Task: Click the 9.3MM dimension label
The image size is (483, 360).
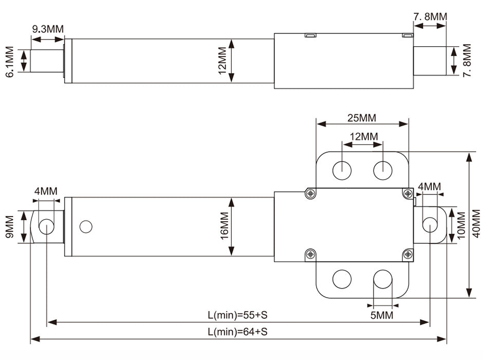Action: pyautogui.click(x=48, y=29)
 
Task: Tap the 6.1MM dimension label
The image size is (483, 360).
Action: pyautogui.click(x=10, y=62)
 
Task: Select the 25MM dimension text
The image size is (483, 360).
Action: pyautogui.click(x=362, y=118)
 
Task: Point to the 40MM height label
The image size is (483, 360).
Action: pyautogui.click(x=476, y=224)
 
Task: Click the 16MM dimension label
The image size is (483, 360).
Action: pyautogui.click(x=224, y=226)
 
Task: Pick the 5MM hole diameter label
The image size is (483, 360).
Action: pyautogui.click(x=382, y=315)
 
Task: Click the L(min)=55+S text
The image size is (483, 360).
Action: pyautogui.click(x=237, y=315)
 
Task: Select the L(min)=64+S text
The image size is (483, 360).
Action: pyautogui.click(x=237, y=332)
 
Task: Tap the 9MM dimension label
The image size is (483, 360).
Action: pyautogui.click(x=10, y=226)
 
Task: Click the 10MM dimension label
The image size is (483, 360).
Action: pyautogui.click(x=461, y=225)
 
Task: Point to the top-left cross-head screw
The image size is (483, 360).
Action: pyautogui.click(x=310, y=193)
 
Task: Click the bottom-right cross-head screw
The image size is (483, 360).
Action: pyautogui.click(x=408, y=254)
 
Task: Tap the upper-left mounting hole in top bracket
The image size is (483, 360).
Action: pyautogui.click(x=342, y=170)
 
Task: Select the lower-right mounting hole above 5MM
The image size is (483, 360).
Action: pyautogui.click(x=383, y=279)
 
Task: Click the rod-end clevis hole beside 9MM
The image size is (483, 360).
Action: pyautogui.click(x=47, y=226)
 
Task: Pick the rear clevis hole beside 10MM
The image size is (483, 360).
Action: pyautogui.click(x=430, y=225)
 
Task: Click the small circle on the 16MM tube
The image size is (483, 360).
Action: pyautogui.click(x=86, y=226)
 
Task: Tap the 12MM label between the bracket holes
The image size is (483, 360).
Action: pyautogui.click(x=364, y=136)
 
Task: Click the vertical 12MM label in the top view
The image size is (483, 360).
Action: pyautogui.click(x=222, y=61)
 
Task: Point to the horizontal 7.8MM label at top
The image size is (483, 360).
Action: pyautogui.click(x=430, y=16)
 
